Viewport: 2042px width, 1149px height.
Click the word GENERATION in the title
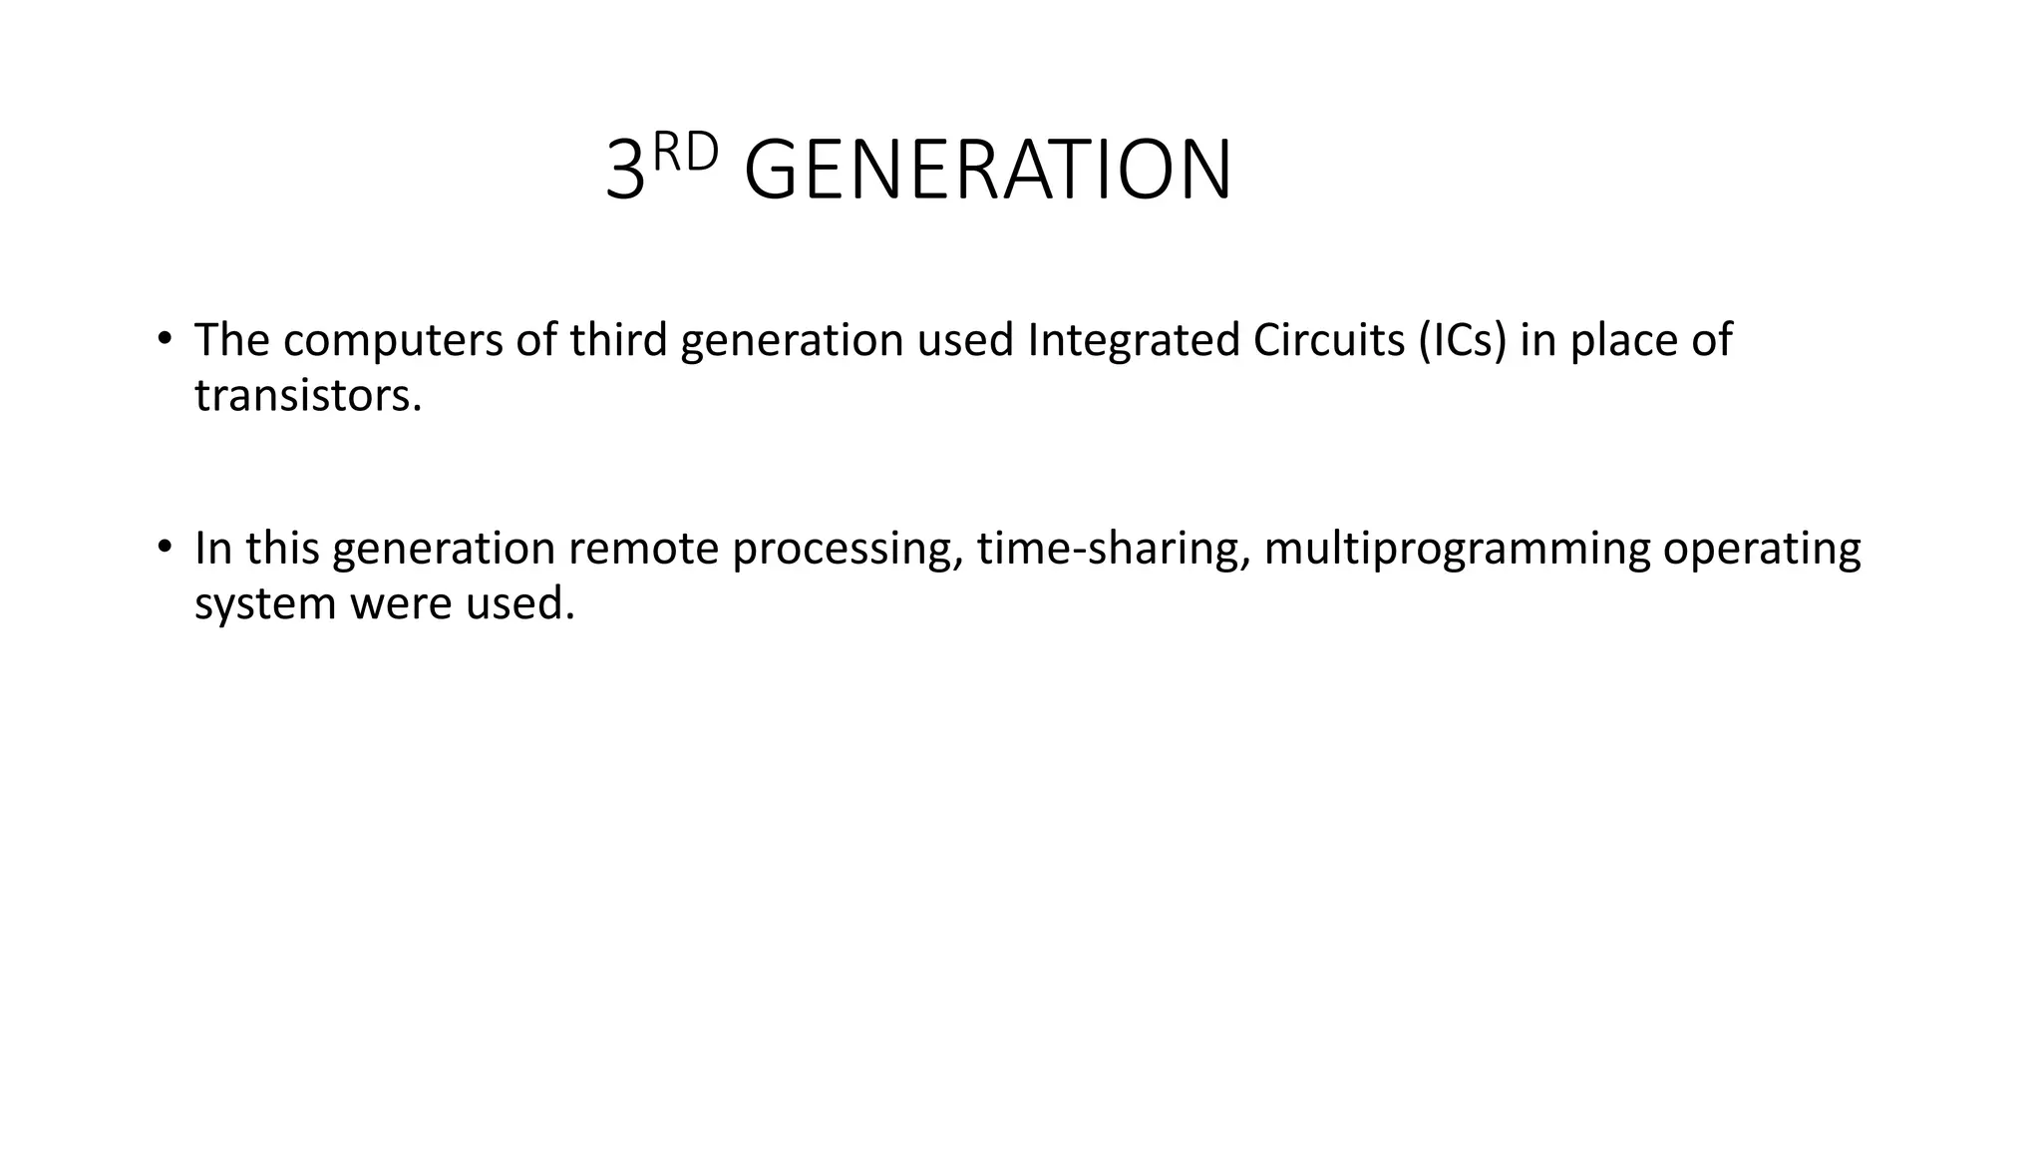tap(987, 171)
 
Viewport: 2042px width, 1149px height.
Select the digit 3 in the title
tap(625, 172)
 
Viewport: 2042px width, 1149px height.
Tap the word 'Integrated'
tap(1133, 340)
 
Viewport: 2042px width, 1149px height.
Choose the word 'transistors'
tap(303, 396)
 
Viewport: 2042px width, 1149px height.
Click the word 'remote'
tap(643, 549)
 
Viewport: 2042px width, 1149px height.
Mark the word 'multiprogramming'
tap(1457, 549)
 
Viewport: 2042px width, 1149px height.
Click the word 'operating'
tap(1762, 549)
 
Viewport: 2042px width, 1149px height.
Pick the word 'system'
tap(265, 604)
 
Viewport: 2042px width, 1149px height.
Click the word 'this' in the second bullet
tap(282, 549)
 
